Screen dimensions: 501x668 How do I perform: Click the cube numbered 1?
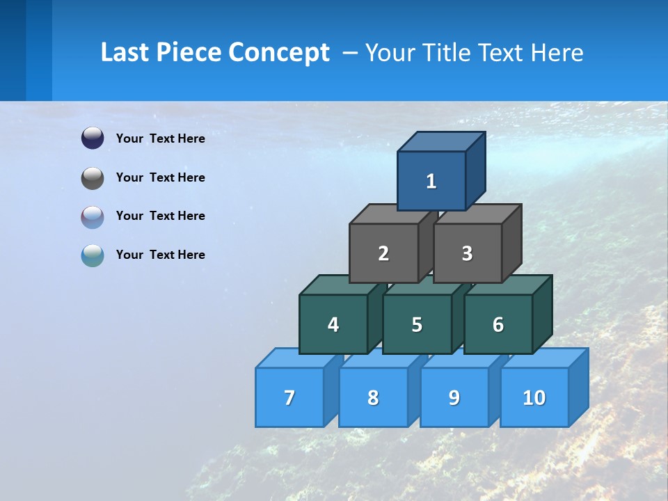431,181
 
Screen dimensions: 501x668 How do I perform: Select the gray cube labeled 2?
383,253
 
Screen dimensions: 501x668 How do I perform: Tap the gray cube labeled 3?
467,253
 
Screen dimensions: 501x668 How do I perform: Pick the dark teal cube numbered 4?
333,324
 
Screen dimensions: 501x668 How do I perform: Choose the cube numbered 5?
417,324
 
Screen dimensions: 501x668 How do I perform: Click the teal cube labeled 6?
498,324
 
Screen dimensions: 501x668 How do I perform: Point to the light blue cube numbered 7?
289,397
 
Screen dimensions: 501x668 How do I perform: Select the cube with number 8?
373,397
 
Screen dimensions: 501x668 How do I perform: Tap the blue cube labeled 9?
454,397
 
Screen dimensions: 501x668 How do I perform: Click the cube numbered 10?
534,397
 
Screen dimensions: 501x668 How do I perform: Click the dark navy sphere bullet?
93,138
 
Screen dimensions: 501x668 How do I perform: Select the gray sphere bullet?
93,178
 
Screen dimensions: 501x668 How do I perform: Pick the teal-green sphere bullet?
93,255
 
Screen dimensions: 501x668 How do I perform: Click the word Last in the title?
126,53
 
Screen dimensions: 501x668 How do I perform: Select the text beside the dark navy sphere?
160,138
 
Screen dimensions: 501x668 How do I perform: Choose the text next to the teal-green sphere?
160,255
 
